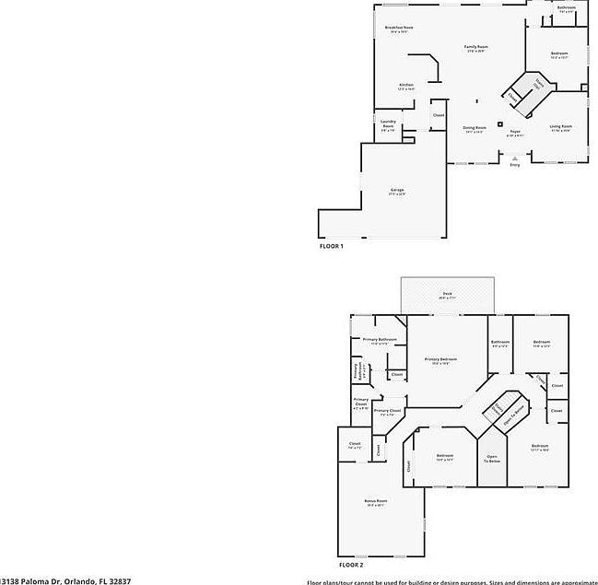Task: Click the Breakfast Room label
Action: click(399, 28)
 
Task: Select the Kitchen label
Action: click(406, 86)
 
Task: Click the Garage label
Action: click(397, 191)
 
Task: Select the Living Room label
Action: click(561, 127)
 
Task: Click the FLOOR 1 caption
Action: click(331, 246)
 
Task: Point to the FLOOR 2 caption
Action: click(351, 564)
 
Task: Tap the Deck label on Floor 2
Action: click(447, 294)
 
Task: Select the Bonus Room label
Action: click(376, 501)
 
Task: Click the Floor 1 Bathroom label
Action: click(567, 7)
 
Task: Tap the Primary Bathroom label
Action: click(379, 340)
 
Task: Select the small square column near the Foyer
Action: click(500, 123)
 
